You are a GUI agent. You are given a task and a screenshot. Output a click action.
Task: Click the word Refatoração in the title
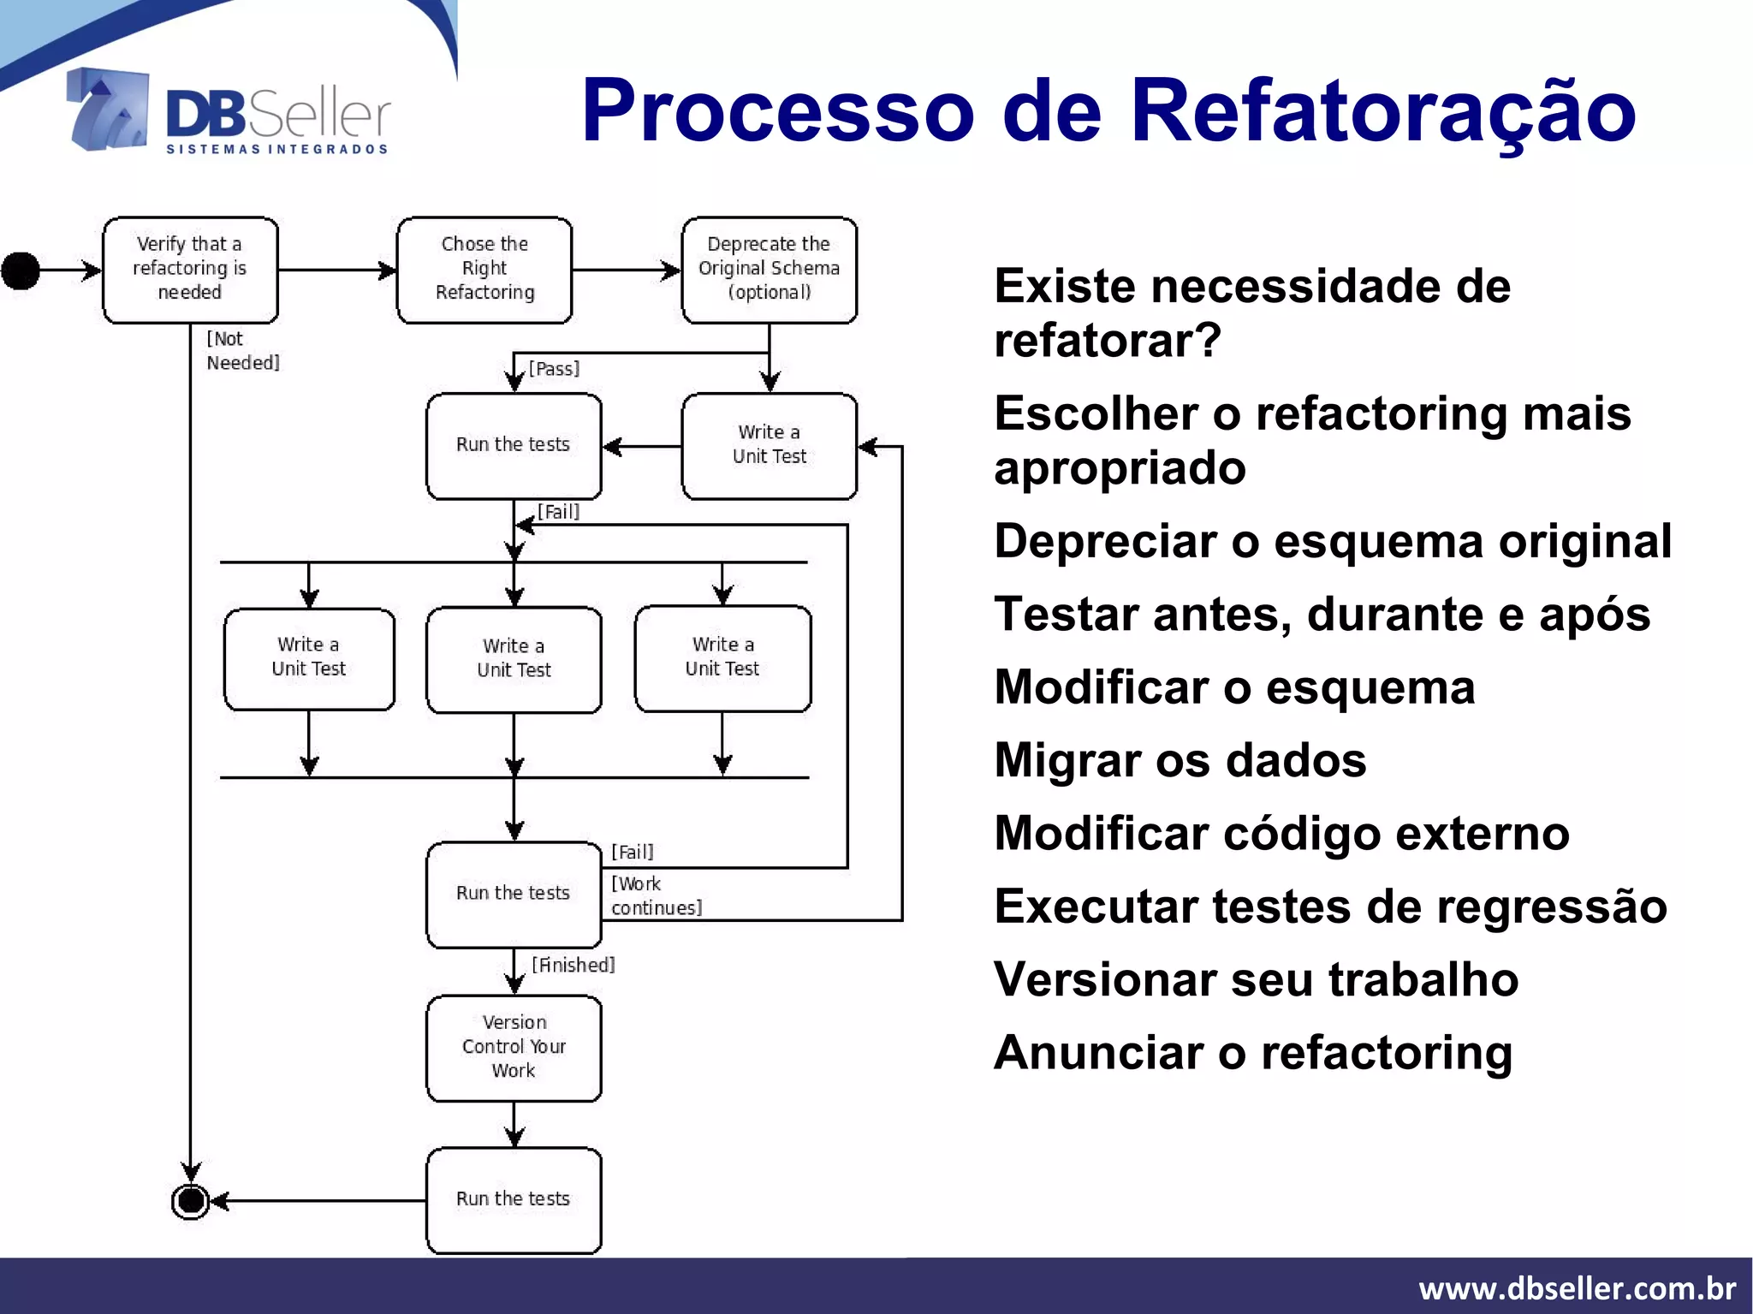[x=1382, y=111]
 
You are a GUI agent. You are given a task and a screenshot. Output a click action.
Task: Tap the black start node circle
[x=21, y=271]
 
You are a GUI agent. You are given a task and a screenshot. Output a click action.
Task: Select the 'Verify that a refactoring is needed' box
[x=190, y=270]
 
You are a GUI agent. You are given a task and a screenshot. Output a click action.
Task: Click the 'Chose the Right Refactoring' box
[x=484, y=270]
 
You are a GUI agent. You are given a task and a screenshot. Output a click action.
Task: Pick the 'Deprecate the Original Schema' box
[x=769, y=270]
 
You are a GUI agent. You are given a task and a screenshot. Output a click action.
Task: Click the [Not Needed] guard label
[x=242, y=351]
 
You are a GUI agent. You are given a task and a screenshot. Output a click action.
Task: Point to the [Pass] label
[x=554, y=369]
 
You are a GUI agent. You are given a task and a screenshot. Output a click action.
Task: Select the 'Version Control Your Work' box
[x=514, y=1047]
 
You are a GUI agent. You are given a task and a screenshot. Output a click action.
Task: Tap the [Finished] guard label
[x=573, y=966]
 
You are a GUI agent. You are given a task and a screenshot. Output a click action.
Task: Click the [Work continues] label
[x=656, y=895]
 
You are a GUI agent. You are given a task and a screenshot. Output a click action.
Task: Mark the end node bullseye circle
[x=191, y=1201]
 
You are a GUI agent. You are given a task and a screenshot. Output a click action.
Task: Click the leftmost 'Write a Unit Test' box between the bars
[x=309, y=658]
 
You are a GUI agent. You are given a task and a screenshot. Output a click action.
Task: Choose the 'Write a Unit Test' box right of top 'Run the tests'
[x=769, y=445]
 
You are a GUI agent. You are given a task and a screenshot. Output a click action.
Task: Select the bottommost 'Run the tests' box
[x=514, y=1199]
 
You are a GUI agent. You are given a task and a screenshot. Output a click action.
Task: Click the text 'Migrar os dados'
[x=1180, y=760]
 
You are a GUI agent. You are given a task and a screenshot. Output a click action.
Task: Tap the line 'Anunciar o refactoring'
[x=1253, y=1053]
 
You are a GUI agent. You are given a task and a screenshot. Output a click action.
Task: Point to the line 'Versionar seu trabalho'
[x=1256, y=979]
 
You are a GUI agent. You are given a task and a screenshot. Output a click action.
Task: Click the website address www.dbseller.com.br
[x=1577, y=1288]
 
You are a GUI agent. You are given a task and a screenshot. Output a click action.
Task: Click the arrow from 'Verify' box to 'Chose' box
[x=337, y=271]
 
